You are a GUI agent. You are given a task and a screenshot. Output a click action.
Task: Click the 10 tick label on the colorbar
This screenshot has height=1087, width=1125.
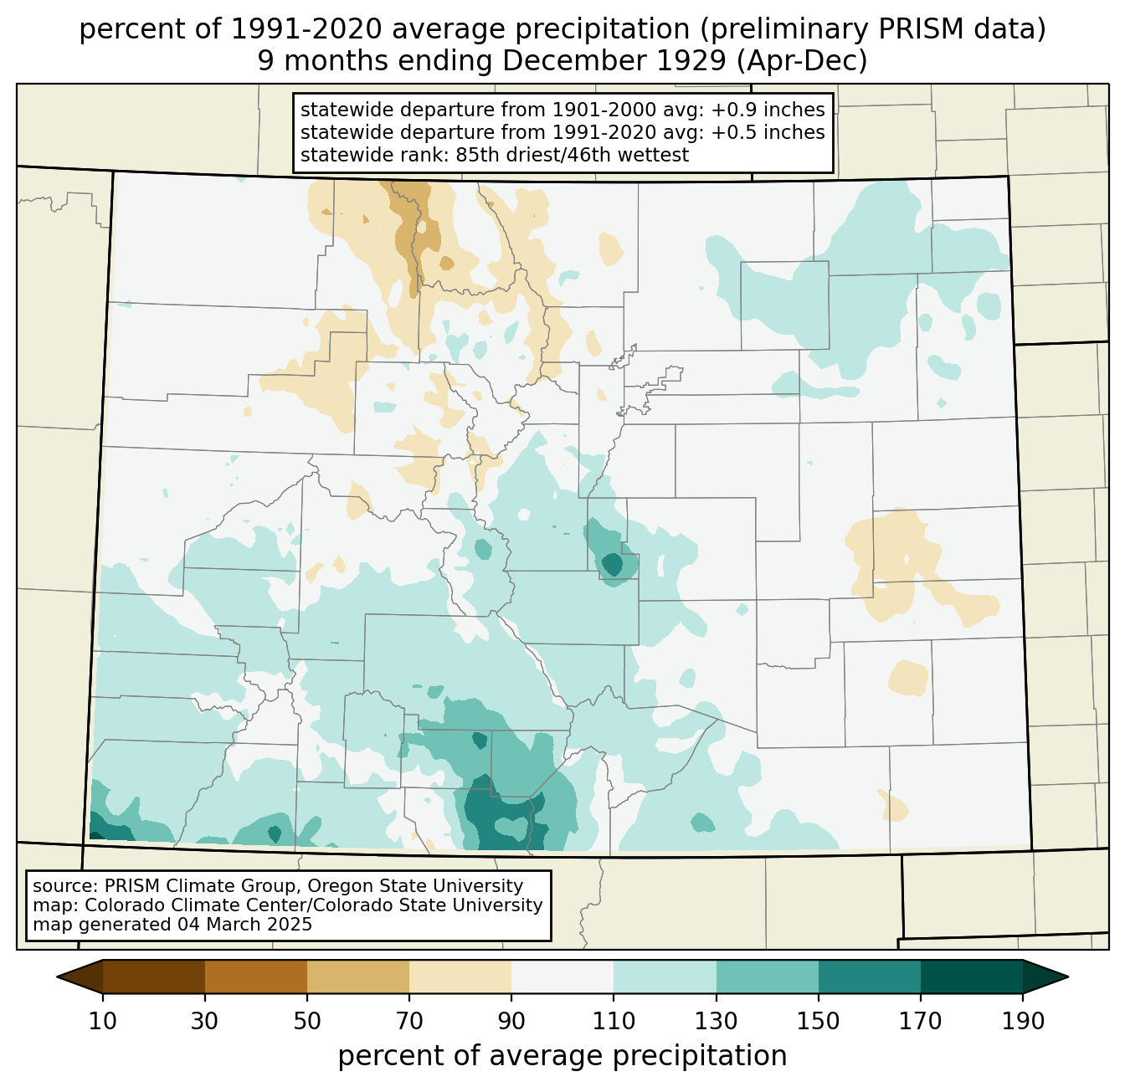point(102,1021)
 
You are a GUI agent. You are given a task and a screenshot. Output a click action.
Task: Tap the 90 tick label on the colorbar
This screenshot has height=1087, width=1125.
point(511,1021)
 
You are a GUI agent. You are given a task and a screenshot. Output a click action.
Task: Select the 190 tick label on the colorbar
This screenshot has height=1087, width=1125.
point(1023,1021)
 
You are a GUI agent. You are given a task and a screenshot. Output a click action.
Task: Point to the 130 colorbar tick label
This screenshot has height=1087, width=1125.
point(716,1021)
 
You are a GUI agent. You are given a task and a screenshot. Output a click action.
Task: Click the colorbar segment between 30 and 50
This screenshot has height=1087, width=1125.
point(255,977)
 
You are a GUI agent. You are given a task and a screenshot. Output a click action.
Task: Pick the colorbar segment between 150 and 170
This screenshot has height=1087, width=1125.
point(869,977)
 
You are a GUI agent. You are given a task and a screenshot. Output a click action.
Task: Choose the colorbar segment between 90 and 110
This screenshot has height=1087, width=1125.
point(562,977)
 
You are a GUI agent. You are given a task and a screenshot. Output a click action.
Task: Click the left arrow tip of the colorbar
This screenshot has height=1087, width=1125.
point(57,977)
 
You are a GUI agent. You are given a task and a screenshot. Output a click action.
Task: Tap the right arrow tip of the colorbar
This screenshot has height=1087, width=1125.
point(1068,977)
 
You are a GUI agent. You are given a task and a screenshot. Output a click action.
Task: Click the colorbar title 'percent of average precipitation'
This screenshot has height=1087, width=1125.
point(562,1056)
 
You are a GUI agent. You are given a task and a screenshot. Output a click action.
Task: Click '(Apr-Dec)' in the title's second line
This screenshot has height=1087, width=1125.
point(802,62)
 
